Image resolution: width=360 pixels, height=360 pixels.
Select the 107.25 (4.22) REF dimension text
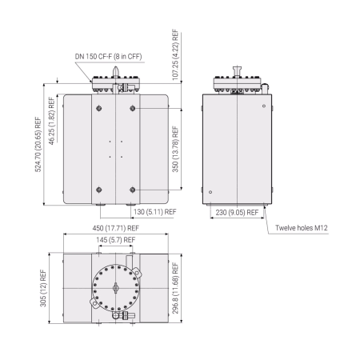176,54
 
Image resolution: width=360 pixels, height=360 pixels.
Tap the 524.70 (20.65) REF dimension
38,147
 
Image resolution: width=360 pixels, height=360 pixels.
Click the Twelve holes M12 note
302,228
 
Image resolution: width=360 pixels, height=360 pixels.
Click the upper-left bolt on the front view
98,108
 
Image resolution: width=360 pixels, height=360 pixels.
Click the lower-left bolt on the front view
98,190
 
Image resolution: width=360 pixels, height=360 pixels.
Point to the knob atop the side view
237,73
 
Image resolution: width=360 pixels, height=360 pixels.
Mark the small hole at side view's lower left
210,191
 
